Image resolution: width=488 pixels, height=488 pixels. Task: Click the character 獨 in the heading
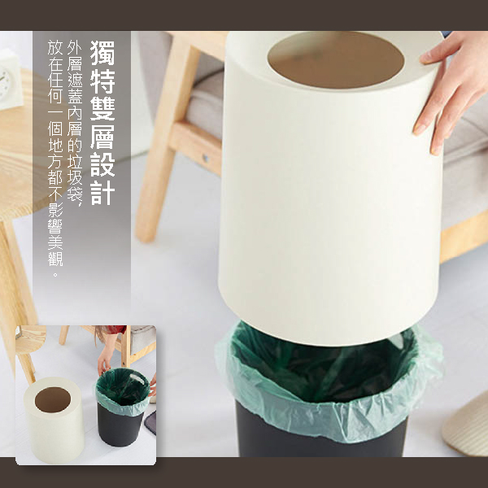(102, 53)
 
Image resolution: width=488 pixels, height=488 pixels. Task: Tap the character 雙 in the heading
(102, 109)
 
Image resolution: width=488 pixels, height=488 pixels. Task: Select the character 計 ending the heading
(102, 193)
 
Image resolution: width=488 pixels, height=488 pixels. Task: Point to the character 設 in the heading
(102, 164)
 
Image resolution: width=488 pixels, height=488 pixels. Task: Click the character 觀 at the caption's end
(55, 258)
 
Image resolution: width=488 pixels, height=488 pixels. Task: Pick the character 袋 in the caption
(75, 194)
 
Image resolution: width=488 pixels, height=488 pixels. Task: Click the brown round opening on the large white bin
(336, 59)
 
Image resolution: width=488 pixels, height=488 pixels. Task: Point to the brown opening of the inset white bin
(53, 399)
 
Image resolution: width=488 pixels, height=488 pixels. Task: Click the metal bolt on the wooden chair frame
(206, 158)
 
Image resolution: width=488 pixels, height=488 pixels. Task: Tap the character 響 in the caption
(55, 226)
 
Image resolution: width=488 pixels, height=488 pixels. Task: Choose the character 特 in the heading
(102, 81)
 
